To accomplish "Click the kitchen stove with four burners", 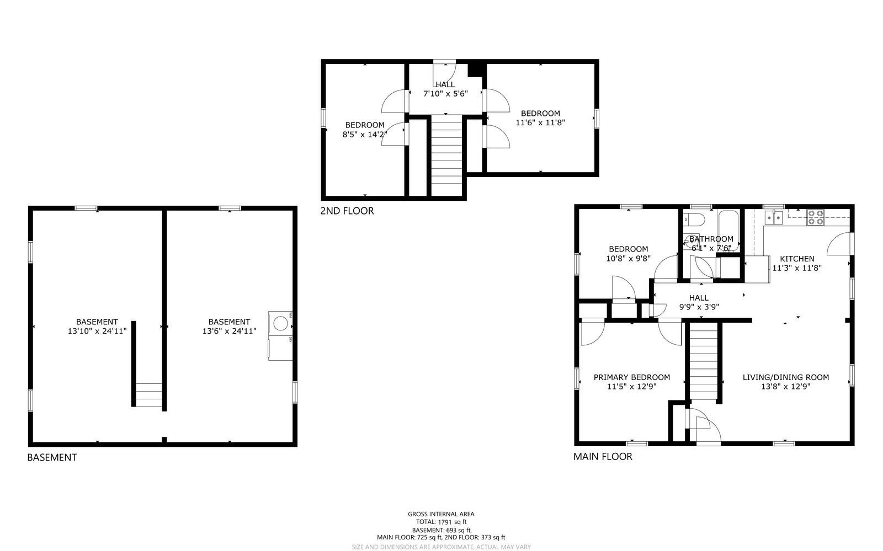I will [x=815, y=217].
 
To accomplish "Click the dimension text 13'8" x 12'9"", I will [x=785, y=387].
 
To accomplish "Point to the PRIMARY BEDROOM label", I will [x=631, y=377].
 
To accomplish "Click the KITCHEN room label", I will [x=796, y=259].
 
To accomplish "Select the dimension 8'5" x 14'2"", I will [x=364, y=134].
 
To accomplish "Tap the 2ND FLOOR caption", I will [x=347, y=211].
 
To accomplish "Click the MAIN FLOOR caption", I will [x=602, y=457].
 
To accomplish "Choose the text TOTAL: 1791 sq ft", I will [x=441, y=522].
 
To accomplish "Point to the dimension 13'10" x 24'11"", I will [x=97, y=331].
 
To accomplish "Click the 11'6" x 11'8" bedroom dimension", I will [x=540, y=122].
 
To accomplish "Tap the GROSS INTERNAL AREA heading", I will [x=441, y=514].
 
